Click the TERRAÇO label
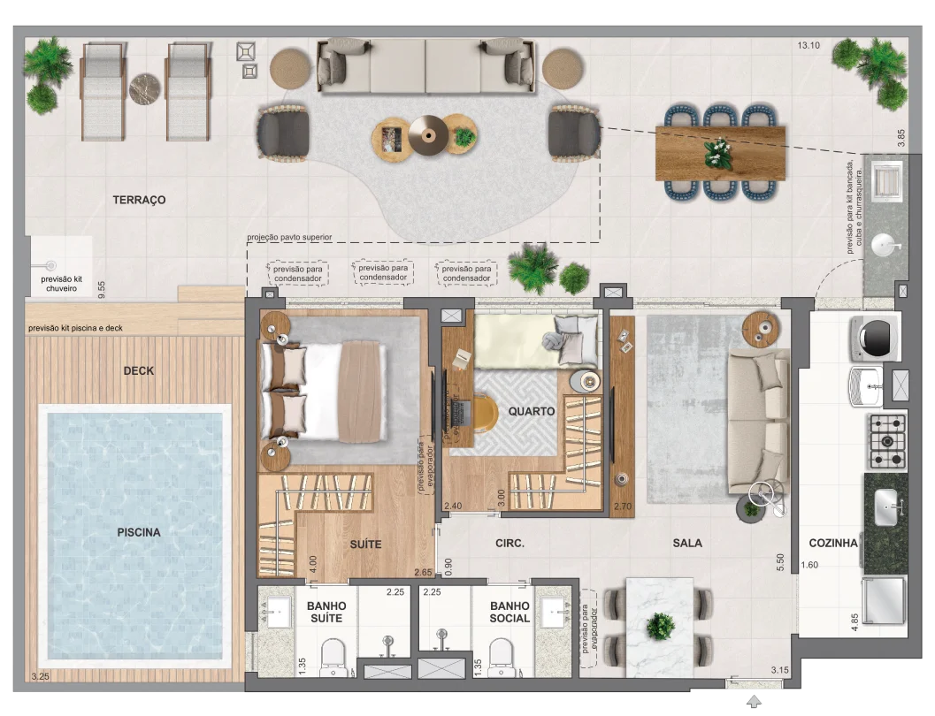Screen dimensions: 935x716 pos(139,200)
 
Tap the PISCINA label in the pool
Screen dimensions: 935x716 pos(138,532)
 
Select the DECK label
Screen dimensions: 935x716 pos(138,370)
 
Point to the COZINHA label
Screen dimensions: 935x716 pos(833,544)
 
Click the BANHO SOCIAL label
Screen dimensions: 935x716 pos(510,612)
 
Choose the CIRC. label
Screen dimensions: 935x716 pos(510,544)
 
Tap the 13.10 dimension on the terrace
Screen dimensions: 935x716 pos(809,45)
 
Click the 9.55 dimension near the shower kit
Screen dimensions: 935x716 pos(102,290)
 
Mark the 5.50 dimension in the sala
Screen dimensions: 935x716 pos(780,562)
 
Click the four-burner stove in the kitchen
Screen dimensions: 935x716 pos(887,441)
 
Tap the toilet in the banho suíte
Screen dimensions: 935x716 pos(333,658)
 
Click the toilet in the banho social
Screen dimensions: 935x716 pos(501,658)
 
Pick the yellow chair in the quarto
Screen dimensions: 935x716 pos(485,413)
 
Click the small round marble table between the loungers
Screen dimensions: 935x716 pos(145,89)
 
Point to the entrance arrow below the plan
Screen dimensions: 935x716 pos(754,701)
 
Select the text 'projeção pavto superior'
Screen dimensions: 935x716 pos(289,237)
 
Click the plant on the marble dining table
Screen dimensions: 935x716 pos(660,627)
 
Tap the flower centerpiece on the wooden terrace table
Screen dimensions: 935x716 pos(718,153)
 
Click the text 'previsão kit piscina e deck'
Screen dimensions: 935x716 pos(76,328)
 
